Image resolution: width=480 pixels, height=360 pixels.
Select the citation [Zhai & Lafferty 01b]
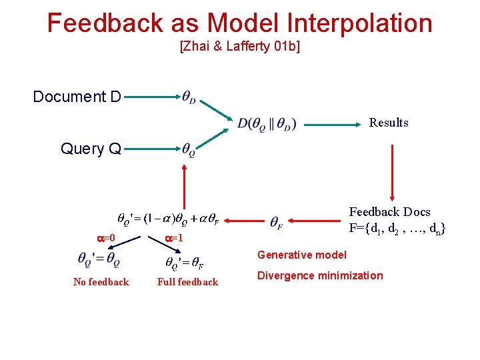click(x=240, y=47)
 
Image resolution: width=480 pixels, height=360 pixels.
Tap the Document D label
click(x=77, y=97)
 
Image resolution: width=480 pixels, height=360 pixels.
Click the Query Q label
click(x=91, y=149)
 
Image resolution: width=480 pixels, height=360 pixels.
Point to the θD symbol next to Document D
click(x=189, y=97)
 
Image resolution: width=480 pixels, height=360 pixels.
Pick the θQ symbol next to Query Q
click(x=189, y=149)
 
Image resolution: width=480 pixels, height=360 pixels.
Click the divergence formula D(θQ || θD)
click(x=267, y=123)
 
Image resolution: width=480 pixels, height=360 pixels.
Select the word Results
click(x=389, y=123)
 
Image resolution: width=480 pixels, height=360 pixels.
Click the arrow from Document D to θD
click(x=150, y=97)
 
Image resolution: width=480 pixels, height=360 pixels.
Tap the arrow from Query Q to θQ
click(x=150, y=149)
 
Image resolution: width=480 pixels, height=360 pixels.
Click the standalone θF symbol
click(x=277, y=221)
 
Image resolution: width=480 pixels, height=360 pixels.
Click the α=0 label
click(x=106, y=238)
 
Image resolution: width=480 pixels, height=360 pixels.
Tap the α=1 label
click(x=173, y=238)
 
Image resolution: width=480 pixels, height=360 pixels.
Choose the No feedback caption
click(x=101, y=282)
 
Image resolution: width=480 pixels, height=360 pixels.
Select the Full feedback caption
click(x=187, y=282)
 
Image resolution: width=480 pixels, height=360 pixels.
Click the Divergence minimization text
click(x=320, y=275)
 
